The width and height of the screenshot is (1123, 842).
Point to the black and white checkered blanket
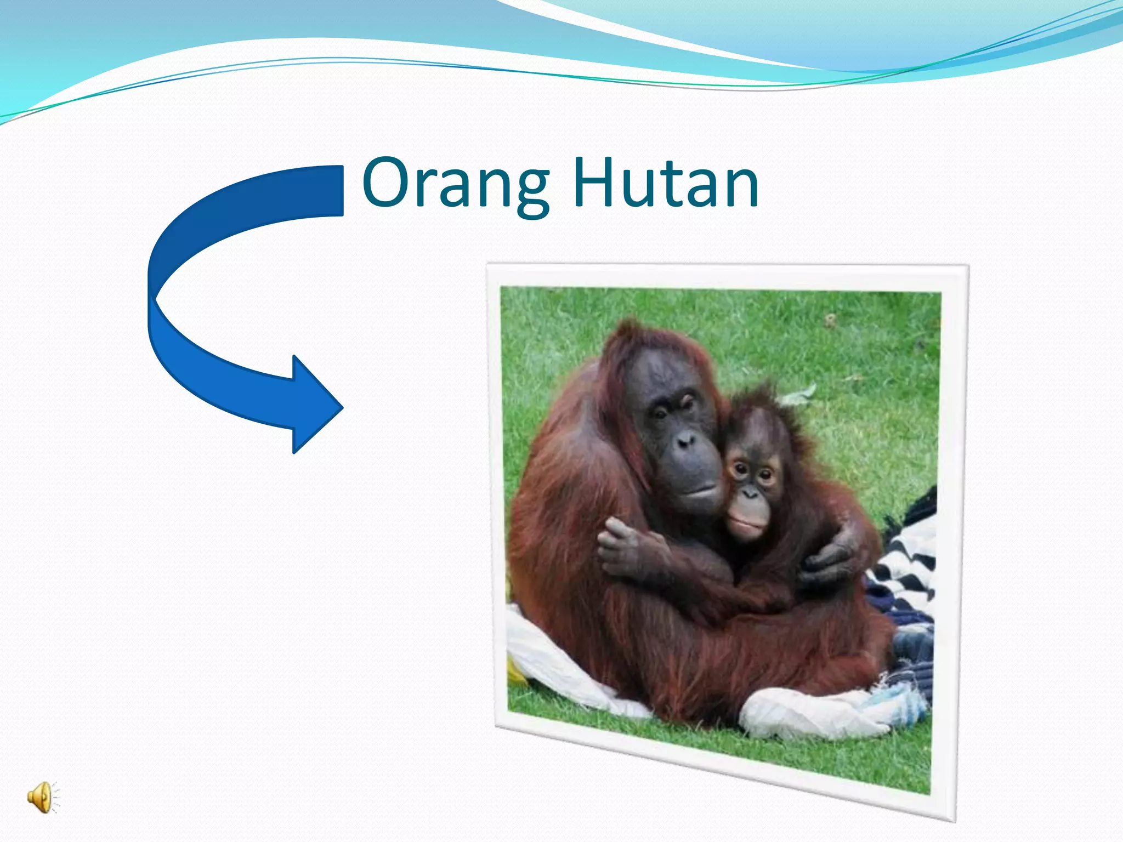(x=908, y=554)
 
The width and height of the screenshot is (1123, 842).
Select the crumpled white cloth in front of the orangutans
(x=812, y=713)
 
